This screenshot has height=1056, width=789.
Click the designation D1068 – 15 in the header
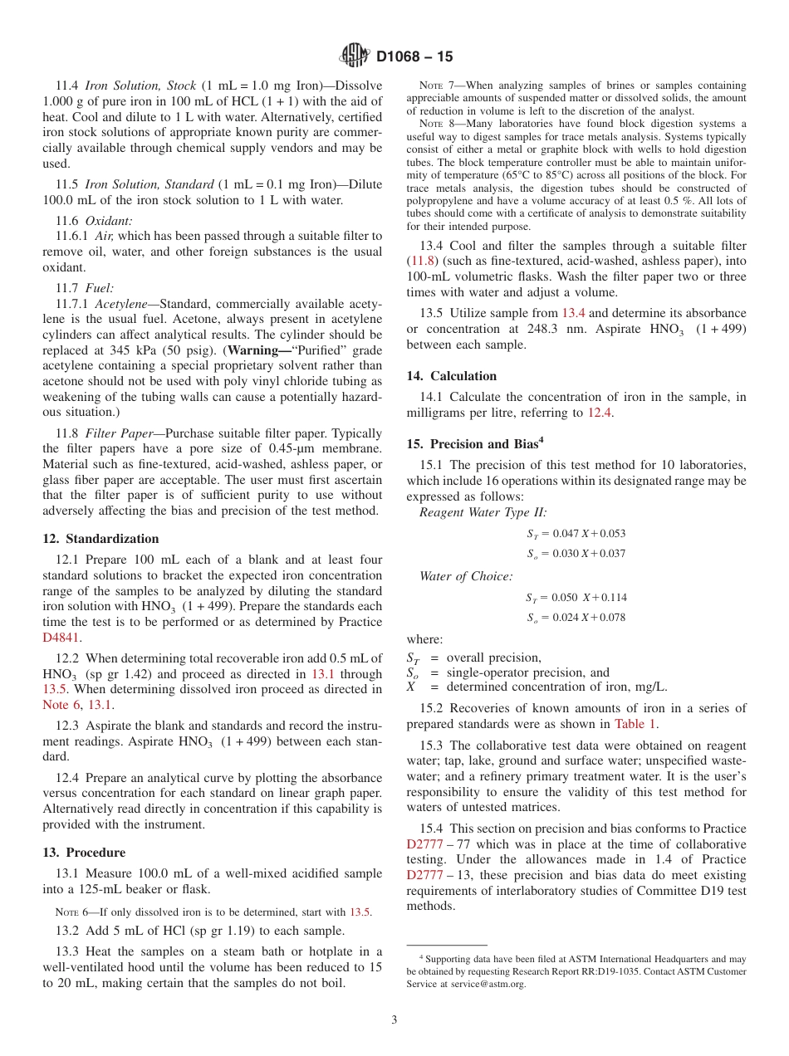(x=414, y=57)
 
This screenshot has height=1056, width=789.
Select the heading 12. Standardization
(x=100, y=539)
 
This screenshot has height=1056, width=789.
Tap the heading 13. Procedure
(x=84, y=853)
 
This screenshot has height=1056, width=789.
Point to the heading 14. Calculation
(x=452, y=376)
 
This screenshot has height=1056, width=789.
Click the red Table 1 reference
(x=635, y=723)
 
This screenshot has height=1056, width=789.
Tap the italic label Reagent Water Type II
(x=483, y=512)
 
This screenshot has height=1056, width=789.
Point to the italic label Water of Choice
(x=466, y=575)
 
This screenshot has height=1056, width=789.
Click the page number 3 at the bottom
(x=394, y=1019)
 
